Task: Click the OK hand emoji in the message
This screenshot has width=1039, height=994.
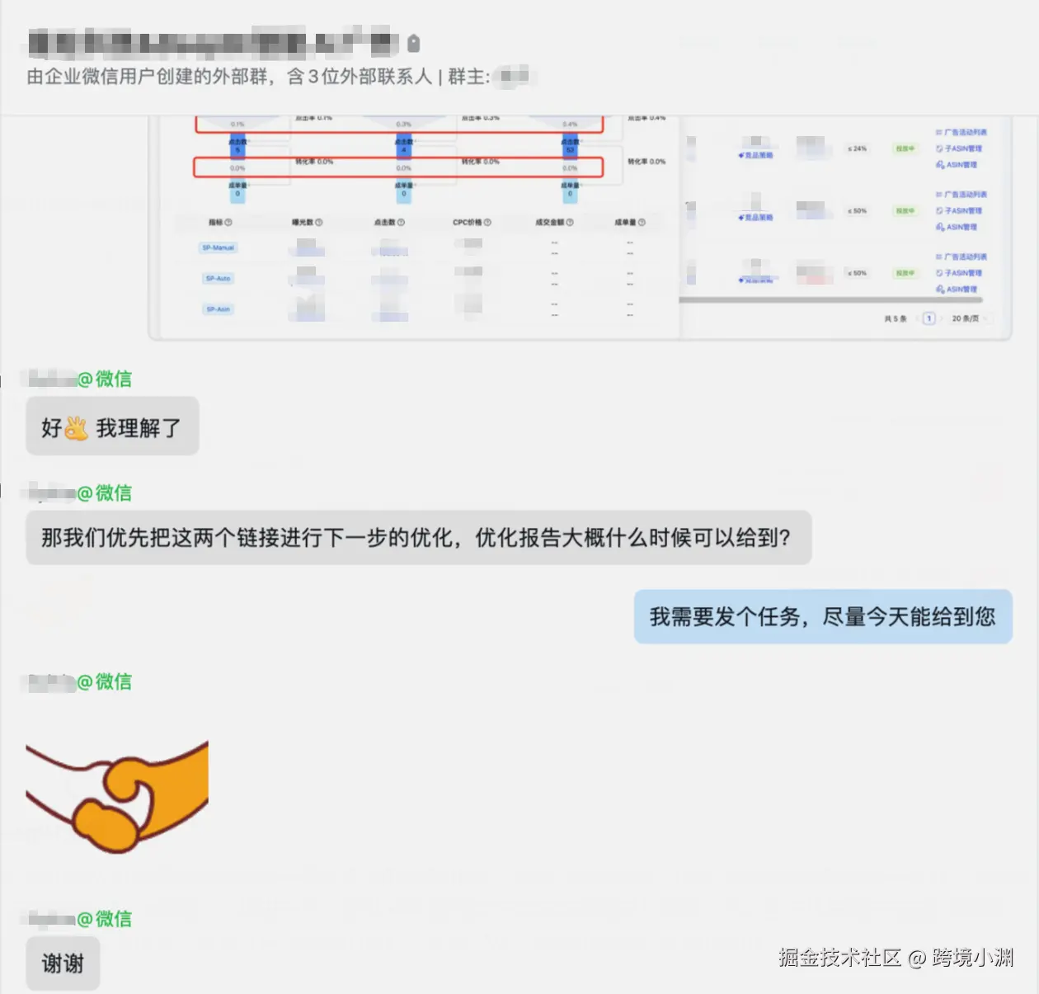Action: point(77,428)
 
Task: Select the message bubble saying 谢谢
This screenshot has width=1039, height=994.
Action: point(63,963)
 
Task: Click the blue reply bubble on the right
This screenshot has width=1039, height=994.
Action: point(822,616)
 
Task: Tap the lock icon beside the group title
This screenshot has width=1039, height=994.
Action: point(414,43)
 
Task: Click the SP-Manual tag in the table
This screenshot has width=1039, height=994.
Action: point(219,247)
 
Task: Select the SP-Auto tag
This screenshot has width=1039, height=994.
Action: point(219,279)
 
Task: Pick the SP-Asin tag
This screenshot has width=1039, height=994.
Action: point(219,309)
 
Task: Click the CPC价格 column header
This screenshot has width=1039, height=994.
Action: point(471,222)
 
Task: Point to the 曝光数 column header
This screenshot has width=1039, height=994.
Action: point(307,222)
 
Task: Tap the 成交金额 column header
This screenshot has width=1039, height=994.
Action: point(554,222)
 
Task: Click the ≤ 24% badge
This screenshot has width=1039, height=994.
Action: point(857,149)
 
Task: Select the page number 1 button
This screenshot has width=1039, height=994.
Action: point(929,318)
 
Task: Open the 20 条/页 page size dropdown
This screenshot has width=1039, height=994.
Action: point(966,318)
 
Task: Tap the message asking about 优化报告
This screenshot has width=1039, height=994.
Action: point(418,538)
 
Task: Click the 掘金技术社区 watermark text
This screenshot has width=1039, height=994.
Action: point(839,957)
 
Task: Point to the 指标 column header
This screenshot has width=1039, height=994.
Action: point(220,222)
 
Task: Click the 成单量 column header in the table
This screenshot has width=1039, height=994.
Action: point(629,222)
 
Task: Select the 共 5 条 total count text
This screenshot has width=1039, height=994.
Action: point(896,318)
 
